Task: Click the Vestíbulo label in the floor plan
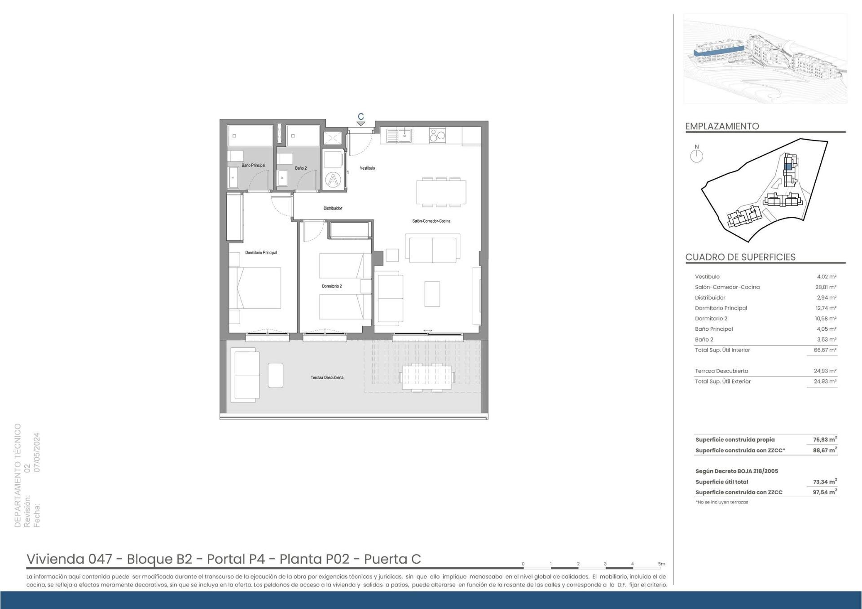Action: pyautogui.click(x=367, y=168)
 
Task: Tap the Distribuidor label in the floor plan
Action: pyautogui.click(x=333, y=208)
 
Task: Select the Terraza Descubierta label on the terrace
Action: pyautogui.click(x=327, y=377)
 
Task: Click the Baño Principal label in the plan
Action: pyautogui.click(x=253, y=165)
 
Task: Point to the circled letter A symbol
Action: pyautogui.click(x=333, y=180)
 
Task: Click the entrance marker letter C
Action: pyautogui.click(x=361, y=117)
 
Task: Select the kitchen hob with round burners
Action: pyautogui.click(x=437, y=135)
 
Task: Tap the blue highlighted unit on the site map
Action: pyautogui.click(x=788, y=166)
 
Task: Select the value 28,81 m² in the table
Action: pyautogui.click(x=826, y=287)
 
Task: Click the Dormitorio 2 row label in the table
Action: pyautogui.click(x=711, y=319)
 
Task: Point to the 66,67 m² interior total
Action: pyautogui.click(x=826, y=350)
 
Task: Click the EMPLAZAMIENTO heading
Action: pyautogui.click(x=722, y=126)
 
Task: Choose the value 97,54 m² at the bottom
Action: pyautogui.click(x=825, y=492)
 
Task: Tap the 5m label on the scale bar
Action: pyautogui.click(x=661, y=564)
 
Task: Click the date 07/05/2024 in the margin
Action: pyautogui.click(x=37, y=452)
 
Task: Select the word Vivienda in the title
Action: pyautogui.click(x=55, y=559)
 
